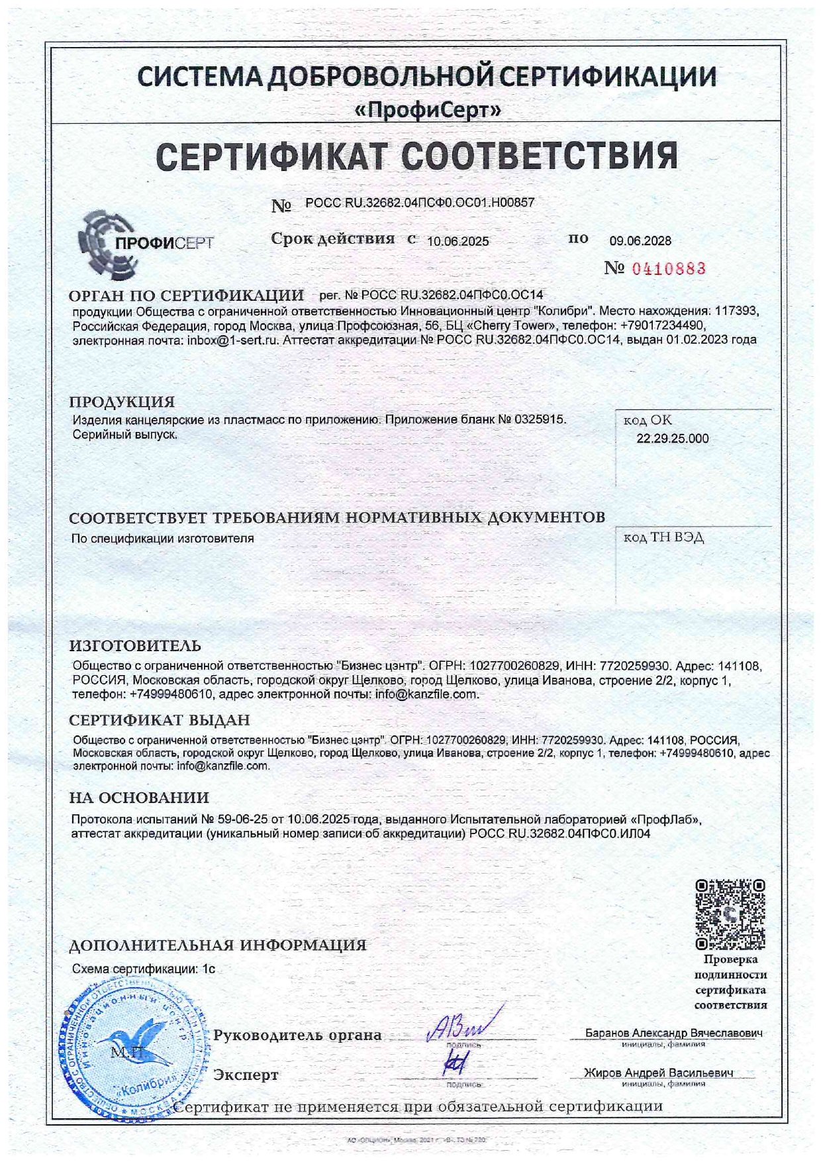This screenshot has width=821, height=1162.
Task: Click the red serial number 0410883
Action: [x=665, y=268]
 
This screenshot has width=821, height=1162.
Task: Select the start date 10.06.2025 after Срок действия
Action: [x=458, y=242]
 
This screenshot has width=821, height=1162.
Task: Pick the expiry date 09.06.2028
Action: [x=640, y=241]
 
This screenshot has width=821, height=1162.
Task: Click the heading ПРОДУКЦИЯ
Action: [x=122, y=401]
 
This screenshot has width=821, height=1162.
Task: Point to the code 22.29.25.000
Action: [x=672, y=439]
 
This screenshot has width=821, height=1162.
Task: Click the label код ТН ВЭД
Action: [x=663, y=537]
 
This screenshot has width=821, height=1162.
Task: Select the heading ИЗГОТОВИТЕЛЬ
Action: [x=135, y=645]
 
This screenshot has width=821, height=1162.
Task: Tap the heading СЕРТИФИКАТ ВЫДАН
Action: [x=160, y=720]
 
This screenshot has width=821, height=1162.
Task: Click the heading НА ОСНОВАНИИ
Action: [x=139, y=798]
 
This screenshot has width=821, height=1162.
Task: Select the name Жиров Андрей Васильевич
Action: [x=658, y=1073]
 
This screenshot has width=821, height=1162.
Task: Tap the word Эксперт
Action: [x=246, y=1075]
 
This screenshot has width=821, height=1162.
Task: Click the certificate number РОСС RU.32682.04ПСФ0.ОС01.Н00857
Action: [x=420, y=203]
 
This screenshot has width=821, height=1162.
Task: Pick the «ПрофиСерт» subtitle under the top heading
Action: [x=427, y=110]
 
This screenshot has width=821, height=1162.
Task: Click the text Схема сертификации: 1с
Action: [x=144, y=969]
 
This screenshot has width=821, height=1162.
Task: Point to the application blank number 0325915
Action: [x=542, y=419]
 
